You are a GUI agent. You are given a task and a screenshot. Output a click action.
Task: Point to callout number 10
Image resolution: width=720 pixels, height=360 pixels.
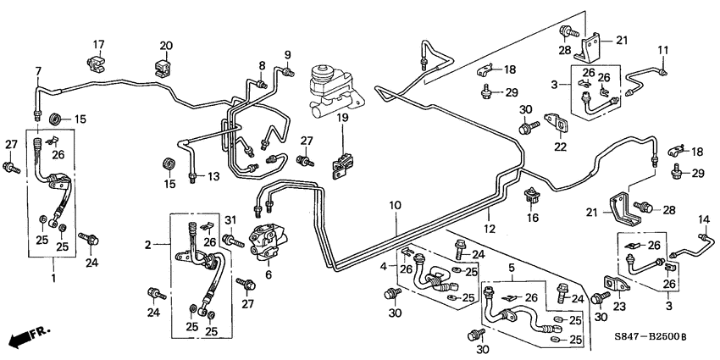pos(395,206)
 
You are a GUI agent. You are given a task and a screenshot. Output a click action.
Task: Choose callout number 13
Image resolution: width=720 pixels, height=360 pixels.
pos(213,175)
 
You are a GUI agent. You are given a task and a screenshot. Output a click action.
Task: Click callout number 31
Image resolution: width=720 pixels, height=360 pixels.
pos(229,221)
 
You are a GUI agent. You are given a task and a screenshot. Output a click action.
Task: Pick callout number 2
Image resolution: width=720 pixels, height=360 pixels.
pos(148,245)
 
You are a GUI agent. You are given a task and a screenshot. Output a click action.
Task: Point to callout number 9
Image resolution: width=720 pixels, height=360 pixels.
pos(287,54)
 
